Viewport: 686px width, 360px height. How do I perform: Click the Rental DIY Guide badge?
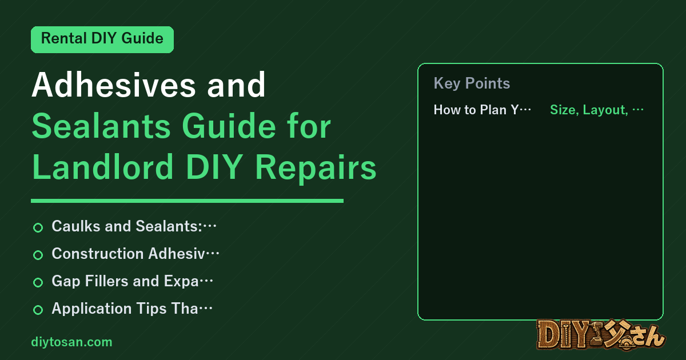(102, 39)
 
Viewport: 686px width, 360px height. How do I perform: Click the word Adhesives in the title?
(114, 85)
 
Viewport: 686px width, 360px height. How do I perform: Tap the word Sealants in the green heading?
(101, 126)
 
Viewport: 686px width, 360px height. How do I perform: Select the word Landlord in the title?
(103, 167)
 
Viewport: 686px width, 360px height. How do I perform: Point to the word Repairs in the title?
(316, 169)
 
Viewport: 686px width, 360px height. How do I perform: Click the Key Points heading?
(472, 83)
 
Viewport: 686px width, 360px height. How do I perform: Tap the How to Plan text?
(482, 110)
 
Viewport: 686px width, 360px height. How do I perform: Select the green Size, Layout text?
(597, 110)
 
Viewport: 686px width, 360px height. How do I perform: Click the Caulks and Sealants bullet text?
(134, 226)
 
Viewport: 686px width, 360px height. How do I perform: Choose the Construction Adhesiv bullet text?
(135, 254)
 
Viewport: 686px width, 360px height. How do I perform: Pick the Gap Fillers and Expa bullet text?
(132, 281)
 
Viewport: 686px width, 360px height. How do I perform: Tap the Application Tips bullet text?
(132, 309)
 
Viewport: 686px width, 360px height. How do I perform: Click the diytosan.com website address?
(71, 342)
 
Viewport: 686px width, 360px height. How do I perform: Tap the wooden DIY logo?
(601, 335)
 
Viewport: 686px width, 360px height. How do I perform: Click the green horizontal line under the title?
(187, 201)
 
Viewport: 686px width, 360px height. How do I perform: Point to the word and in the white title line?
(236, 85)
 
